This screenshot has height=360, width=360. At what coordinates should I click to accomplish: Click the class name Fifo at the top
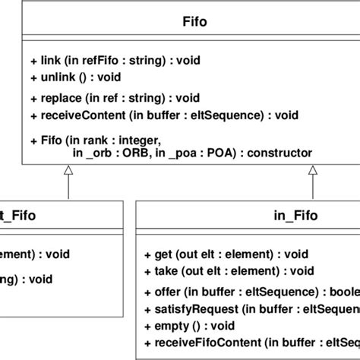point(180,22)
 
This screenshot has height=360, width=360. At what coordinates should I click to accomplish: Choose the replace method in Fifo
point(114,98)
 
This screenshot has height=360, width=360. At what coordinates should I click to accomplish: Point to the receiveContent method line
point(164,115)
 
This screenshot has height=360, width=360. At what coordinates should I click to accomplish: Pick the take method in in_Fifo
point(228,270)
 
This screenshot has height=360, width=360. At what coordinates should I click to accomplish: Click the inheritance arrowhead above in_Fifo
point(312,172)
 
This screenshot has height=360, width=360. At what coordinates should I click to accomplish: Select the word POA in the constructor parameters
point(206,152)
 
